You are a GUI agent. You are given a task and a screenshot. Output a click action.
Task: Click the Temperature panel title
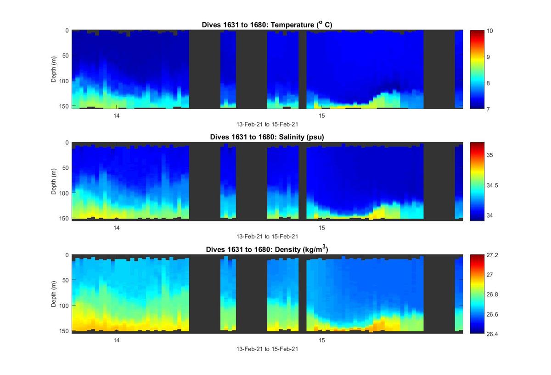(267, 25)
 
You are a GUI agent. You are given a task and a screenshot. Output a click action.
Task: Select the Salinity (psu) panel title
(267, 137)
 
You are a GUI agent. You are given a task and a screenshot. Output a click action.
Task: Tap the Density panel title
(267, 249)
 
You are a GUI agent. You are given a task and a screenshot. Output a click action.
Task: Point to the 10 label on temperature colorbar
(490, 31)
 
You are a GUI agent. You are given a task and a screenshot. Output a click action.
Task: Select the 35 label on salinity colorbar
(490, 155)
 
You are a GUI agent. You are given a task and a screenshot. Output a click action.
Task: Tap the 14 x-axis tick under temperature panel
(117, 115)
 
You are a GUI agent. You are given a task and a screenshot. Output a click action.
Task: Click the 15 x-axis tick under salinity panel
(322, 228)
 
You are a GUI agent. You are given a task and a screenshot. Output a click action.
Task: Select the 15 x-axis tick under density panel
(322, 340)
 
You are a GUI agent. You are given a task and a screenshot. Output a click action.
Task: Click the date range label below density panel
(267, 349)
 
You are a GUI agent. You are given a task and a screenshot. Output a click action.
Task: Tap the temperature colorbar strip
(477, 69)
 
